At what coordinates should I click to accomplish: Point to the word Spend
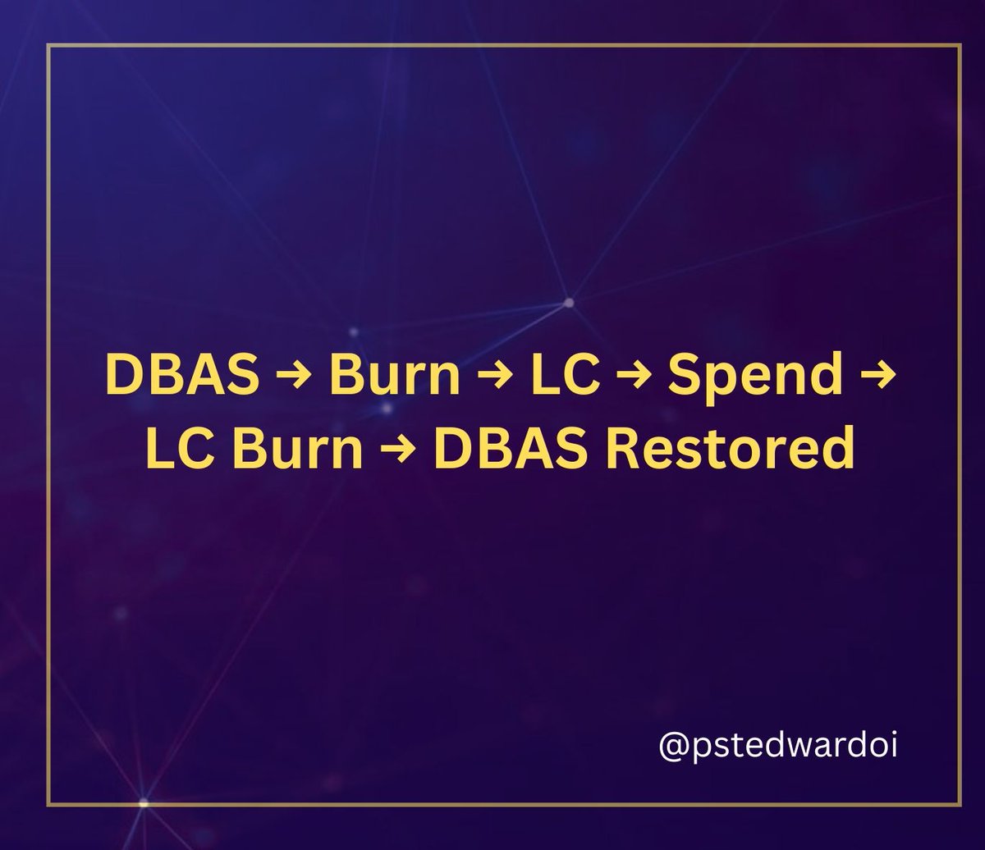click(755, 377)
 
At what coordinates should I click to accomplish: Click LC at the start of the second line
click(175, 450)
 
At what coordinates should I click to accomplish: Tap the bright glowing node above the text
click(568, 303)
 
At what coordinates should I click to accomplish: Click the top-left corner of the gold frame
click(48, 47)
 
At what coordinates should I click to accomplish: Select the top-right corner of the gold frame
click(960, 47)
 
